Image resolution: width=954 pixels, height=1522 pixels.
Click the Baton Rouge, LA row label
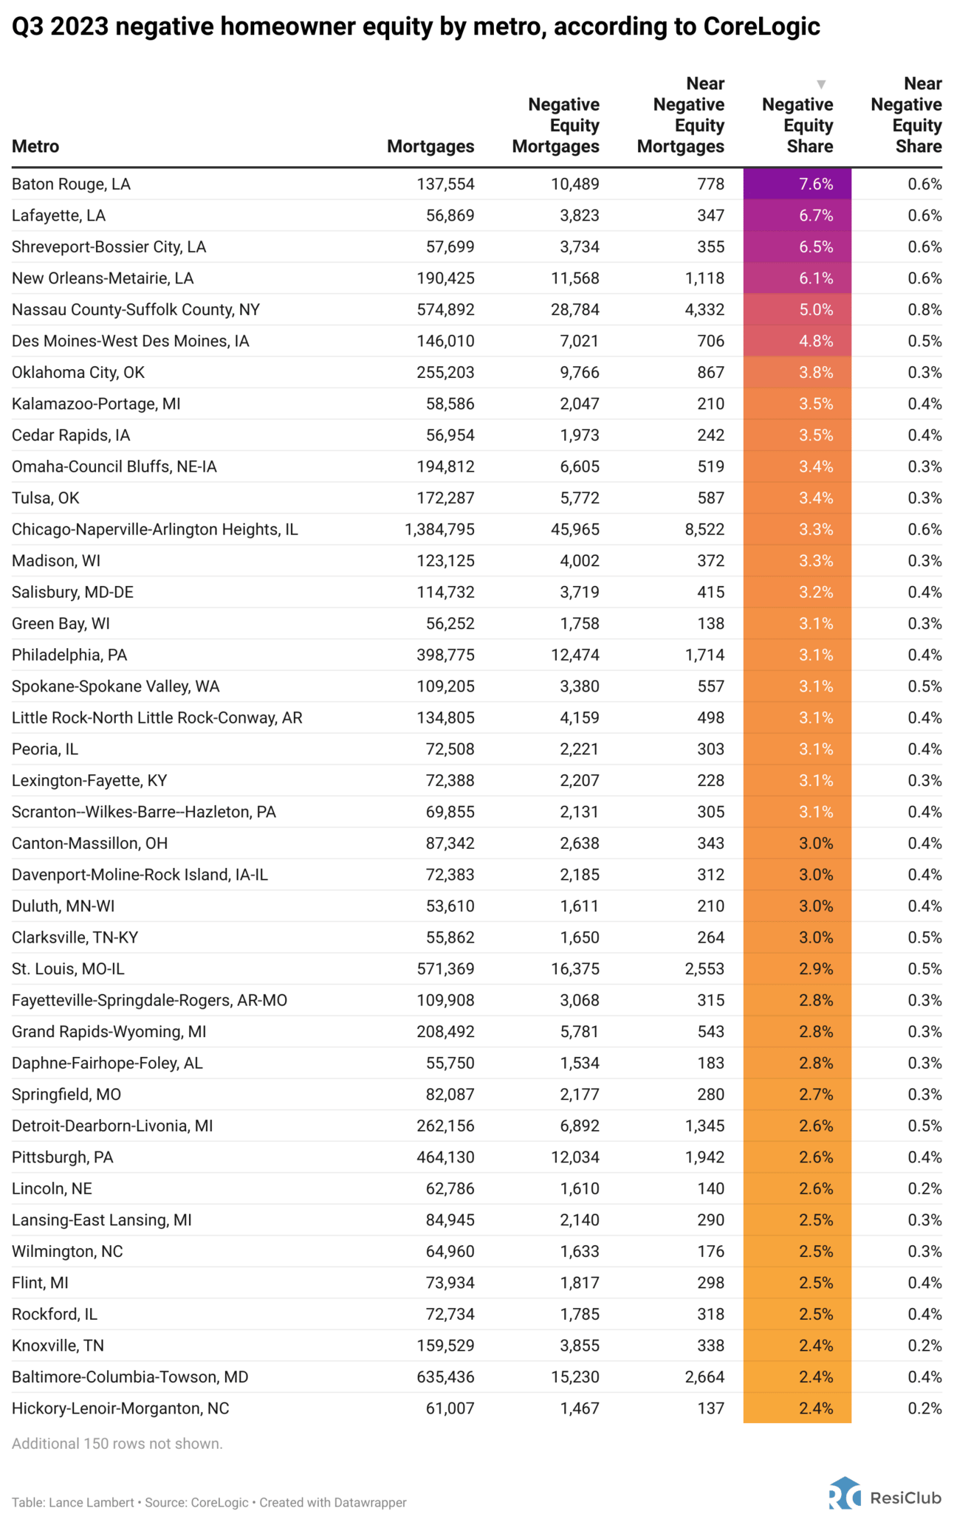71,184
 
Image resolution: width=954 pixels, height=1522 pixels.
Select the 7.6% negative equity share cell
797,184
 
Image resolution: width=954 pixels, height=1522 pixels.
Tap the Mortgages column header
430,146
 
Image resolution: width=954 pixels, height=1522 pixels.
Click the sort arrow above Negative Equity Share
820,84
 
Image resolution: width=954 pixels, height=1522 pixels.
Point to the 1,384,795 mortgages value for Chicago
439,529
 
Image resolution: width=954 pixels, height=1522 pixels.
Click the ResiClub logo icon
845,1493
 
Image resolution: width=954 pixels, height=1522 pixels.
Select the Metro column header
35,146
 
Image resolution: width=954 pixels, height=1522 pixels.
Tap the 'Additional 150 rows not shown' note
117,1443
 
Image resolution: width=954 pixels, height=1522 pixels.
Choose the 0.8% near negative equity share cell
924,309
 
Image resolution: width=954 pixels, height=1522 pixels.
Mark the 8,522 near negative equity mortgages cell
704,529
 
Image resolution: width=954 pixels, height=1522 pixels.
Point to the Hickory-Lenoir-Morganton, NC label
120,1408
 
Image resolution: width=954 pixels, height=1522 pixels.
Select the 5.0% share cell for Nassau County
797,309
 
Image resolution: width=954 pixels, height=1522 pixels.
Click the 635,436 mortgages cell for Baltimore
445,1377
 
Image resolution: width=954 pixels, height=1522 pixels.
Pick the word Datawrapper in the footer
370,1502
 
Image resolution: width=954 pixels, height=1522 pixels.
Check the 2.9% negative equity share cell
797,968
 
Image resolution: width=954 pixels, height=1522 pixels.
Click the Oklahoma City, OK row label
78,372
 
